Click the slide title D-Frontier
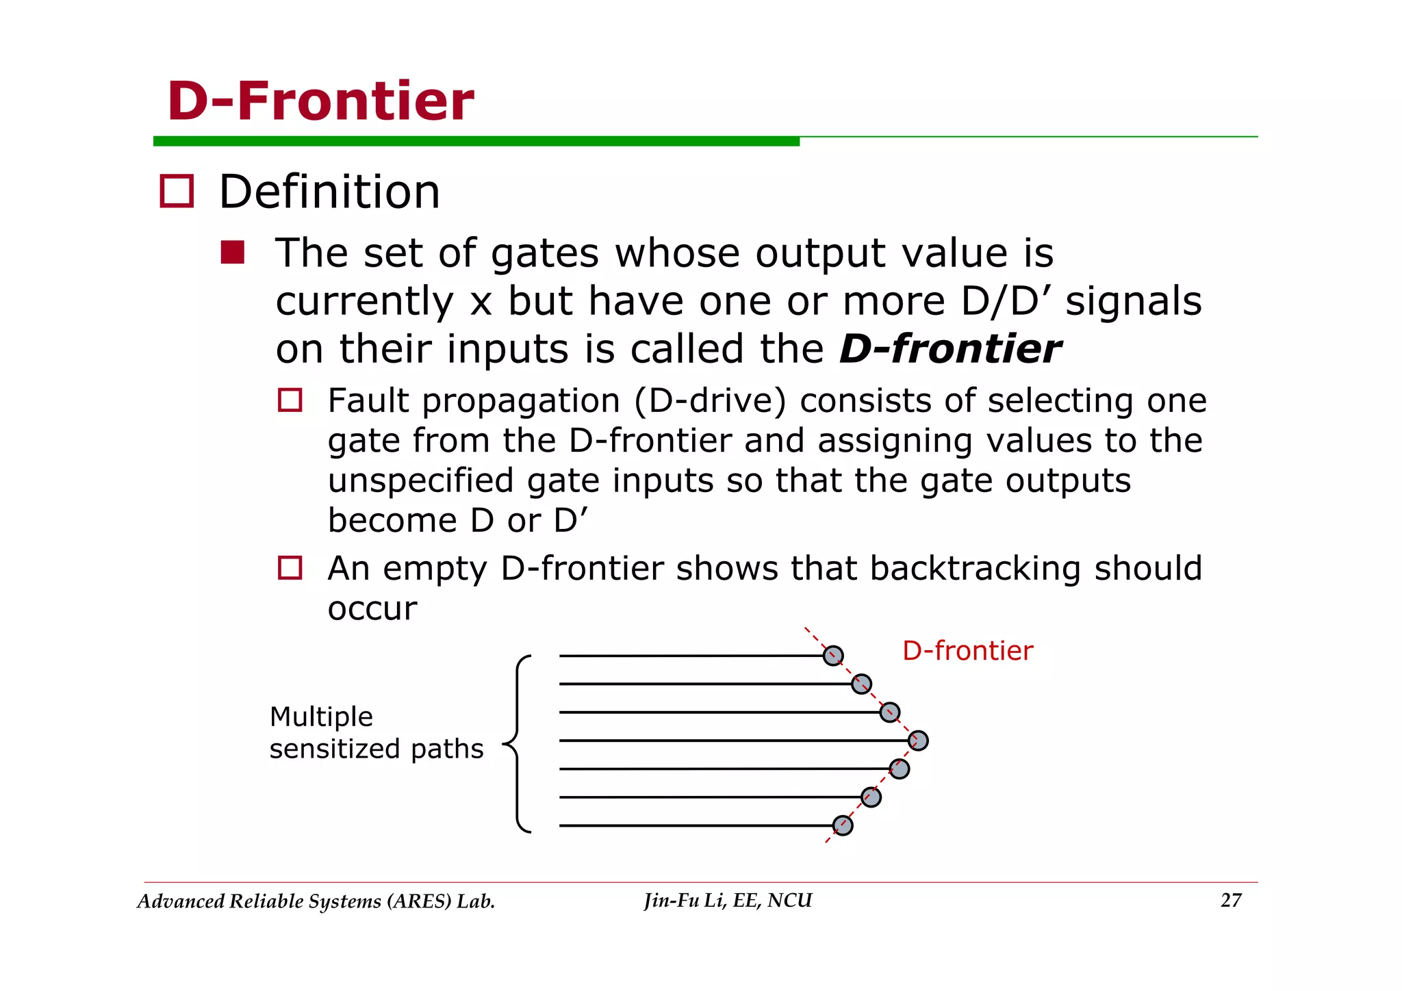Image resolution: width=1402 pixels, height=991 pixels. (x=320, y=101)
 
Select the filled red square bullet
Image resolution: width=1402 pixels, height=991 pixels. (x=233, y=253)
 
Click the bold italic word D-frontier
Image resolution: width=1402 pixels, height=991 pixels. (x=949, y=349)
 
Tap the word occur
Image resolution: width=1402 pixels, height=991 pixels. (x=372, y=609)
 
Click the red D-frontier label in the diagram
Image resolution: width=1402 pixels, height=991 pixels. (x=967, y=651)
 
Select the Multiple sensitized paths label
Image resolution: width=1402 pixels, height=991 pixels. (x=376, y=733)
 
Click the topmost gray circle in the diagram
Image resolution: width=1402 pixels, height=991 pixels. (x=833, y=656)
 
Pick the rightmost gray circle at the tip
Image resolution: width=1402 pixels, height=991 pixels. (x=918, y=741)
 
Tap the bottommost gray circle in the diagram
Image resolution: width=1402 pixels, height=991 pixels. (x=843, y=825)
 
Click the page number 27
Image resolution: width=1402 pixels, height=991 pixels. (x=1231, y=901)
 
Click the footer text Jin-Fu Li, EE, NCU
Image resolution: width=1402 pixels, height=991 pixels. (x=728, y=901)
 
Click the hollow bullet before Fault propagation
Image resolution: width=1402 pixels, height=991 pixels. (x=290, y=400)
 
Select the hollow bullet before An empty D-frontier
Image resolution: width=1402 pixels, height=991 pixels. (x=290, y=568)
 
